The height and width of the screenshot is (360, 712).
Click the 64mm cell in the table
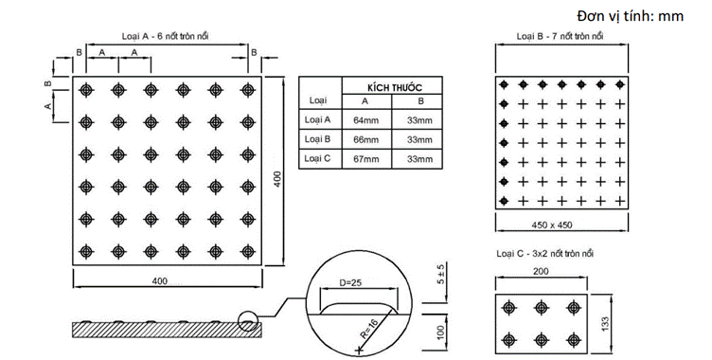point(366,120)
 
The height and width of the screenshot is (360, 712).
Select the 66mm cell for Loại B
point(366,139)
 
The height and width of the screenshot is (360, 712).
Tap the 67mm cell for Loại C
point(366,159)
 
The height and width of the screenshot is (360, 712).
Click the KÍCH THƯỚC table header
point(395,87)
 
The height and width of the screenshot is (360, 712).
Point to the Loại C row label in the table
point(317,158)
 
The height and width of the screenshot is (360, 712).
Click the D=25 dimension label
point(350,282)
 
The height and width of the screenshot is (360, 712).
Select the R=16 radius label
point(369,329)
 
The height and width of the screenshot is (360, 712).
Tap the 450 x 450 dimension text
point(552,225)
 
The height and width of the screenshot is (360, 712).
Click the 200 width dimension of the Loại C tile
point(541,271)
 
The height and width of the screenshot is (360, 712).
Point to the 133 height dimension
point(605,324)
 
